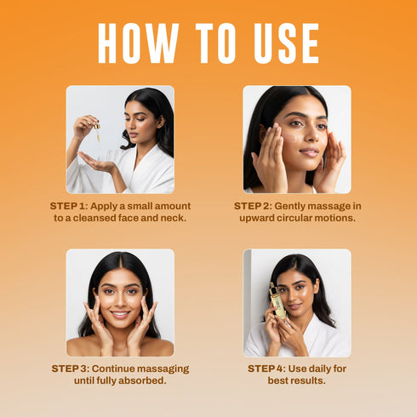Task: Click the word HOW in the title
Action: point(137,43)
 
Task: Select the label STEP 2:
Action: point(256,207)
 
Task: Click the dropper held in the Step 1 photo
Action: point(98,131)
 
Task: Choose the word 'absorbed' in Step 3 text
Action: point(140,381)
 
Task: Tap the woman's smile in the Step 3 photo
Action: point(120,314)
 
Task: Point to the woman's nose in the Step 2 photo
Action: point(311,140)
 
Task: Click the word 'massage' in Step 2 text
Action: point(327,207)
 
